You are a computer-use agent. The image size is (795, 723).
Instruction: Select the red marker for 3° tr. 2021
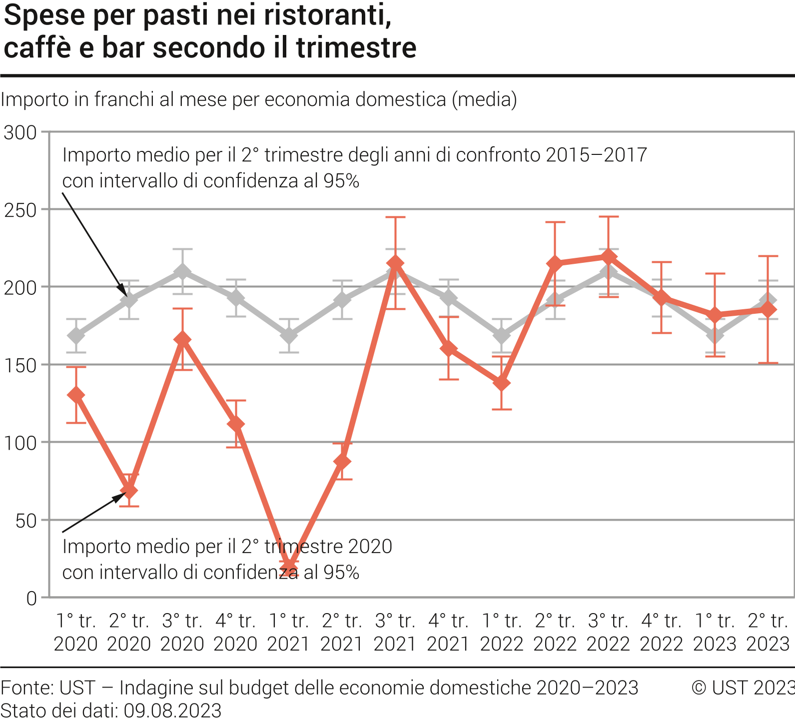pos(395,263)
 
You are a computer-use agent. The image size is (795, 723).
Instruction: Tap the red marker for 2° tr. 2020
pos(129,491)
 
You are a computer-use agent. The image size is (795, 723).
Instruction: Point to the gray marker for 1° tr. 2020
pos(76,335)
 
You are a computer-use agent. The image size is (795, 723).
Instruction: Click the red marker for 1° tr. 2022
pos(502,383)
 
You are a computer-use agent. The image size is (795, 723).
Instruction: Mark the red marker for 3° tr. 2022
pos(608,257)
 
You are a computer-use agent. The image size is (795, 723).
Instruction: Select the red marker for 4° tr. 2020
pos(235,424)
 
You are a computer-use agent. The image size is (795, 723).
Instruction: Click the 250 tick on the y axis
pos(20,210)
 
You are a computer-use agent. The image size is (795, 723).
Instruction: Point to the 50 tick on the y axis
pos(26,521)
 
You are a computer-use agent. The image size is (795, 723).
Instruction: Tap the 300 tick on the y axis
pos(20,133)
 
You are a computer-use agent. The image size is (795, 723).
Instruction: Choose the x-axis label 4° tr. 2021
pos(448,632)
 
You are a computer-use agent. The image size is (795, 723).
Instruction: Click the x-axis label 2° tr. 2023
pos(768,632)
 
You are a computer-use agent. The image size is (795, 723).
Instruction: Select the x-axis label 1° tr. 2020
pos(76,632)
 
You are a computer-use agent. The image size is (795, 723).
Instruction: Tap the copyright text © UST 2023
pos(743,688)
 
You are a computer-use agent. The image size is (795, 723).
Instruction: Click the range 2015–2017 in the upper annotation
pos(596,155)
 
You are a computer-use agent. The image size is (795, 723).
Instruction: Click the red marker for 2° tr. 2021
pos(342,462)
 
